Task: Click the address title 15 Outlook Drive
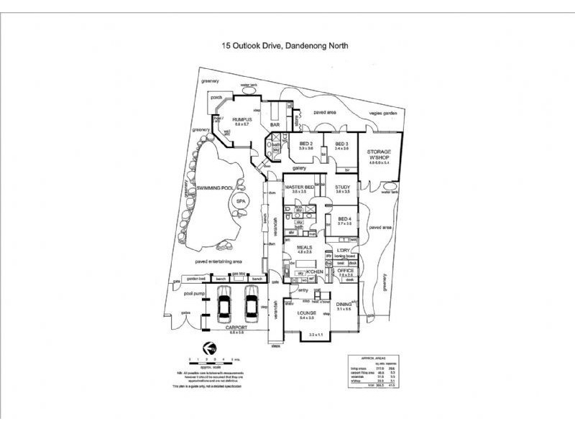(285, 45)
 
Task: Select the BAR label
(275, 126)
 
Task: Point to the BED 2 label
(306, 144)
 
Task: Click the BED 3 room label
(341, 144)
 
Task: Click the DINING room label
(343, 304)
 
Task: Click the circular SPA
(241, 203)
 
